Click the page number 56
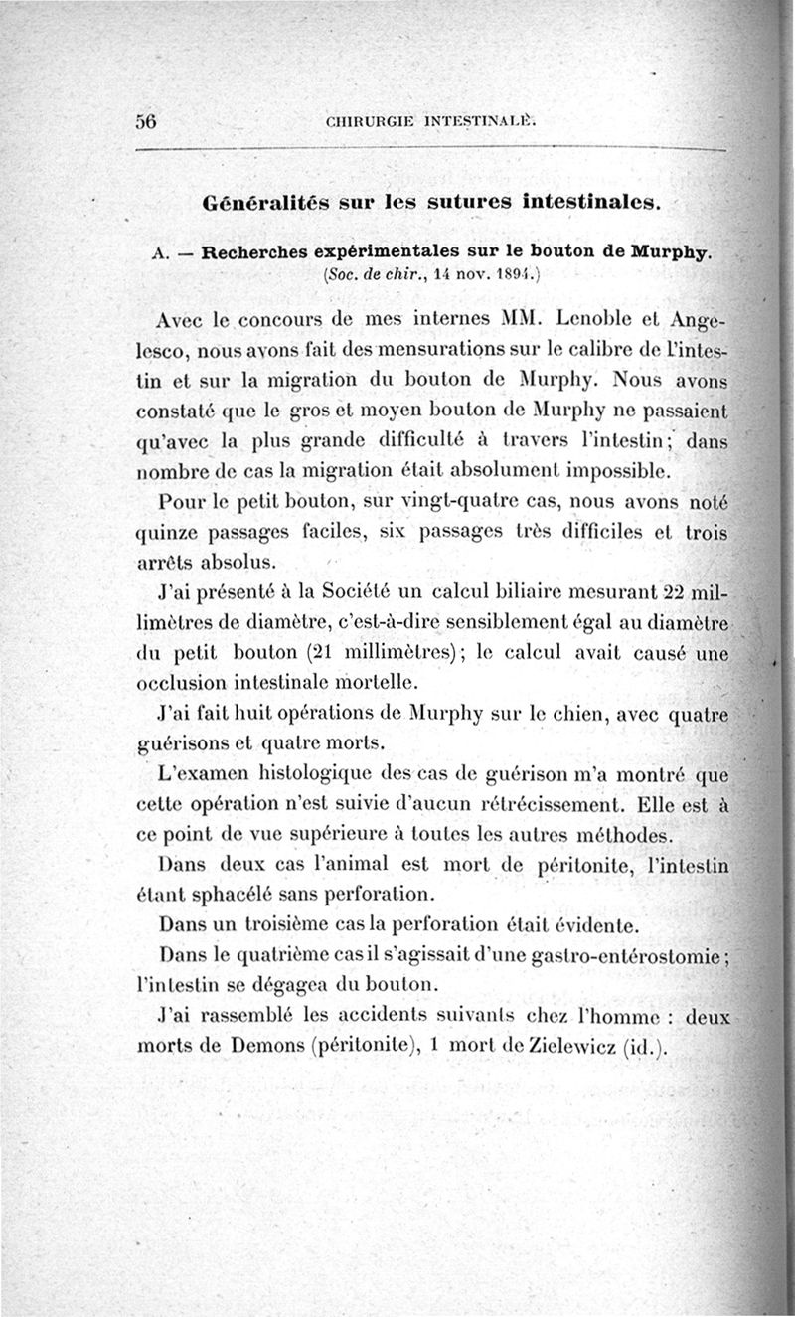click(147, 121)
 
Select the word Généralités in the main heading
click(261, 202)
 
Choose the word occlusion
click(181, 684)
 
